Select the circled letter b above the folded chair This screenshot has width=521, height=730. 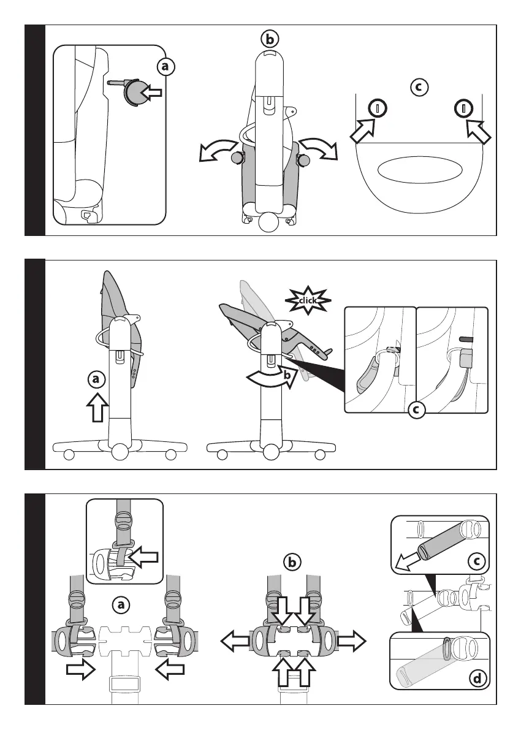click(x=269, y=39)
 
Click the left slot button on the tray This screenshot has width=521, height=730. click(x=378, y=109)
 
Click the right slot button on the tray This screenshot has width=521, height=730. click(x=464, y=109)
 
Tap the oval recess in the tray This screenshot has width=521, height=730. click(x=419, y=170)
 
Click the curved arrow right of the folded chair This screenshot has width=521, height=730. click(x=319, y=148)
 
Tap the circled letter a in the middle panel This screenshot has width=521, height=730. click(x=95, y=380)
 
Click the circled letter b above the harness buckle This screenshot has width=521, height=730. click(x=292, y=561)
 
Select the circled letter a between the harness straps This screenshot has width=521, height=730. click(x=121, y=605)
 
